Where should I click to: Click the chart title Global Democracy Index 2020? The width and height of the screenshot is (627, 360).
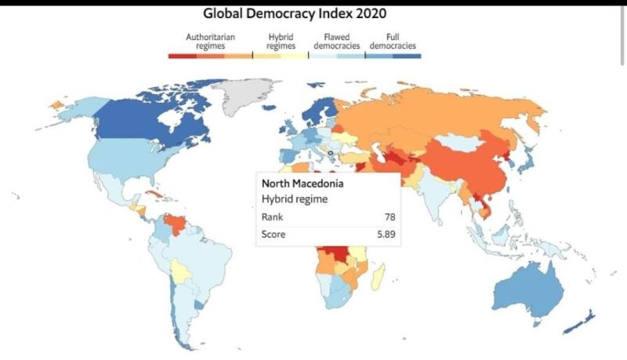click(295, 13)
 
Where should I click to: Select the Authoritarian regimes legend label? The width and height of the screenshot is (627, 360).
click(210, 42)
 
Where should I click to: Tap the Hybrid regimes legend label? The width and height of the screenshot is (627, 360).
click(281, 42)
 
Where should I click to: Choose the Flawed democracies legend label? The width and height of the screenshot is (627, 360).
click(337, 42)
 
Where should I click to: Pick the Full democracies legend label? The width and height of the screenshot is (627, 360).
click(393, 42)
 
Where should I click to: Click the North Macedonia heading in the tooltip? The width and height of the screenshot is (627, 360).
click(303, 184)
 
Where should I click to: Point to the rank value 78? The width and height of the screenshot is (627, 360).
click(390, 216)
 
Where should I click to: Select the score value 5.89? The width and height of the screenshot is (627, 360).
click(386, 234)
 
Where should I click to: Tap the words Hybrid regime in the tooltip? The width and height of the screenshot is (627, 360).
click(295, 199)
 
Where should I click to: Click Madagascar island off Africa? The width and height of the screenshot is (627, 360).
click(378, 277)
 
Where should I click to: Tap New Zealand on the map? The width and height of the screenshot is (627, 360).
click(580, 322)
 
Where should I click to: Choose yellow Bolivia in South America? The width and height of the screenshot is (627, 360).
click(180, 272)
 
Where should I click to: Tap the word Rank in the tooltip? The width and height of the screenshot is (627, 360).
click(272, 216)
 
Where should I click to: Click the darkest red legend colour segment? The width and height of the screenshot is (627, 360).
click(183, 56)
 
